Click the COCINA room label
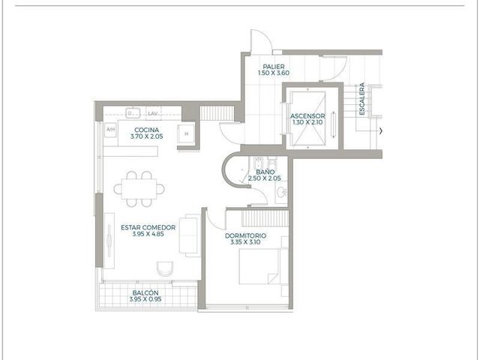coord(147,130)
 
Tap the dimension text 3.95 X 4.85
coord(148,234)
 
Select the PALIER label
coord(274,67)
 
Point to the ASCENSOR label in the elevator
coord(307,116)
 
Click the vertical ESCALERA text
coord(362,99)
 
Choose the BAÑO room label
coord(265,172)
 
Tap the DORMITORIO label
coord(245,235)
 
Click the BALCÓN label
coord(145,293)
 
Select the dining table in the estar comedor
coord(139,189)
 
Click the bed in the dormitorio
coord(259,266)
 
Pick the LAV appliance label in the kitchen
coord(153,113)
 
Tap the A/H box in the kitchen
coord(110,130)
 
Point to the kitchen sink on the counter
coord(133,113)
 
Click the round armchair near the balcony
coord(165,268)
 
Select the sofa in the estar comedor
coord(190,235)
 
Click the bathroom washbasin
coord(281,192)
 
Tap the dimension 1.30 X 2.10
coord(307,122)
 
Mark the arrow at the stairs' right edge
coord(381,131)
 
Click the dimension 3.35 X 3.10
coord(245,242)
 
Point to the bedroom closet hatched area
coord(265,218)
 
